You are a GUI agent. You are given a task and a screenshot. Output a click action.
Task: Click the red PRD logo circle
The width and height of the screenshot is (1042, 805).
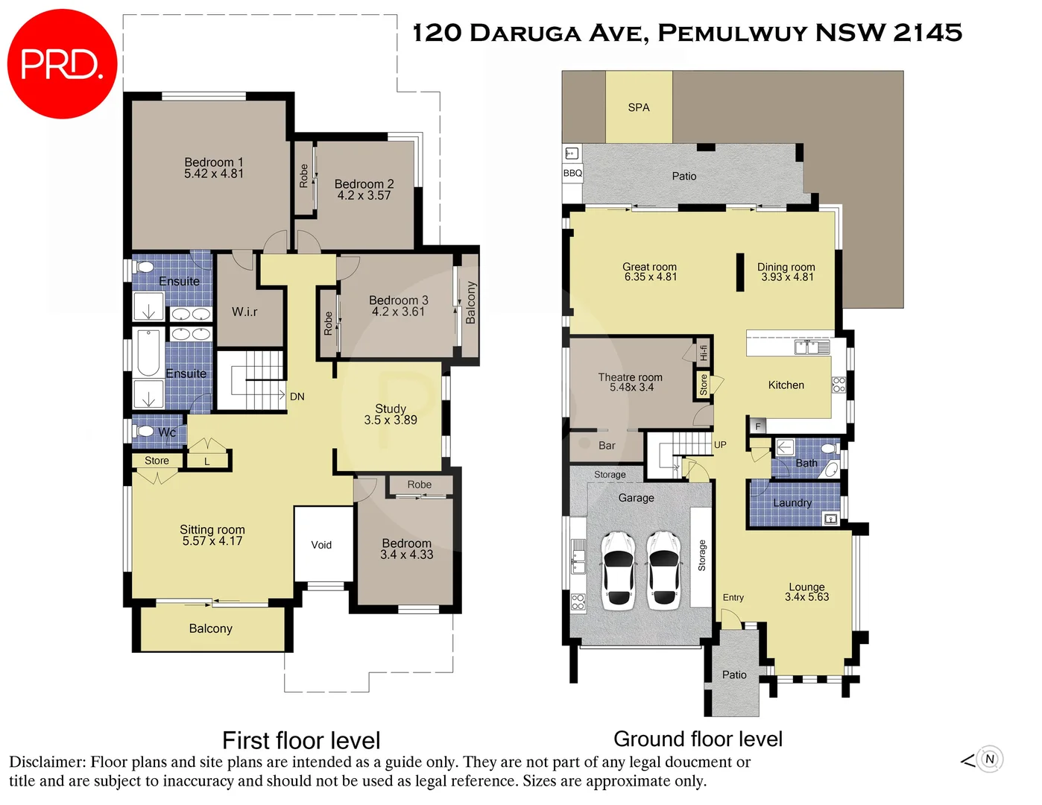62,63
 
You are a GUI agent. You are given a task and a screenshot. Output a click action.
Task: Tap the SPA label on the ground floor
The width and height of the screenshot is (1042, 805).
639,107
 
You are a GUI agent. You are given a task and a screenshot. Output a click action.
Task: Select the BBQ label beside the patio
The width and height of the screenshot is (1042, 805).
572,173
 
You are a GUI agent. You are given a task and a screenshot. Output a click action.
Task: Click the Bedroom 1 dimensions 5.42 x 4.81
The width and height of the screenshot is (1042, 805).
214,174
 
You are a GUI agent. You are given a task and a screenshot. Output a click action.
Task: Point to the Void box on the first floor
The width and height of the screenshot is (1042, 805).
322,545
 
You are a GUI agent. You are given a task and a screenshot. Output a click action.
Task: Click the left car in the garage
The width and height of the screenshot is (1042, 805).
618,569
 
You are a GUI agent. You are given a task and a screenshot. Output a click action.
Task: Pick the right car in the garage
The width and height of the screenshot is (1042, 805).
663,569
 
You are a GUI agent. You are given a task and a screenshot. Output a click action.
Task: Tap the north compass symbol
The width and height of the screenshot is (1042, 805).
989,760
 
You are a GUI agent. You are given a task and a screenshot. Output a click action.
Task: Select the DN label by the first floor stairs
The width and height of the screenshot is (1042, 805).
297,397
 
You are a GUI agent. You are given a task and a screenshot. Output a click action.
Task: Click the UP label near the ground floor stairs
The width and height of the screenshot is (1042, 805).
720,445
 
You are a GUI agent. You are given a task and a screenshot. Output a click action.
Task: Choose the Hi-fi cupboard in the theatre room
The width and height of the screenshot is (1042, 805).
703,352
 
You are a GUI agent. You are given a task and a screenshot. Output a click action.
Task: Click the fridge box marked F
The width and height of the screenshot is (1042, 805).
758,426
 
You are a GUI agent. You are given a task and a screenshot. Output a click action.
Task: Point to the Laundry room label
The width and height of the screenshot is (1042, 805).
792,502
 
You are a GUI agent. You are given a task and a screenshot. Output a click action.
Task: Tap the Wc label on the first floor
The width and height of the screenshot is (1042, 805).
167,432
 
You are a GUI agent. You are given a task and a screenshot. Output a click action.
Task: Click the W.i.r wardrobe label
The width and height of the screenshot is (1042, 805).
244,312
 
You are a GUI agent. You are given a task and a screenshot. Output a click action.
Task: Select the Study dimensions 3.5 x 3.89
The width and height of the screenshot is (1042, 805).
391,420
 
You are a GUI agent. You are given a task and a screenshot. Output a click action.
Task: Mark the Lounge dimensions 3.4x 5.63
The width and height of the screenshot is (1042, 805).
806,597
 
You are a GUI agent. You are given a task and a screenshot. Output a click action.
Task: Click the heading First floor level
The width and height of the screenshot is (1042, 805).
301,740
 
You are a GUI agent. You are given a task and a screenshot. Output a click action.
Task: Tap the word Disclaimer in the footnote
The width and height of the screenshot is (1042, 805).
46,762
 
